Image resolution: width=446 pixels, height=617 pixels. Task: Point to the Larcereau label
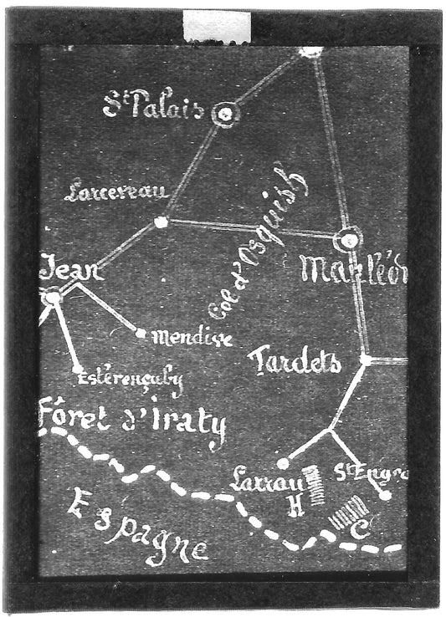point(117,191)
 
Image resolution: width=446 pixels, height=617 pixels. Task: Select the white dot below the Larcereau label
point(161,222)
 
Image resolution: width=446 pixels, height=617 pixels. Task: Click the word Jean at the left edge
point(72,271)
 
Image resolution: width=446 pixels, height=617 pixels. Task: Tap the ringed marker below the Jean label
point(53,297)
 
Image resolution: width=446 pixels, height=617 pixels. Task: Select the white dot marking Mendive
point(141,333)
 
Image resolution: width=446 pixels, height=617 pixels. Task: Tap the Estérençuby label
point(130,380)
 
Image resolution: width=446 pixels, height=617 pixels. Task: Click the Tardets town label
point(295,362)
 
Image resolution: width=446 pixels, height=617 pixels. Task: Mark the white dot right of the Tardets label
point(366,359)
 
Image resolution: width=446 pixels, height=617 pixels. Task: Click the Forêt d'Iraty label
point(134,423)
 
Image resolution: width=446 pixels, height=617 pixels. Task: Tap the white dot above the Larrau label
point(283,463)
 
